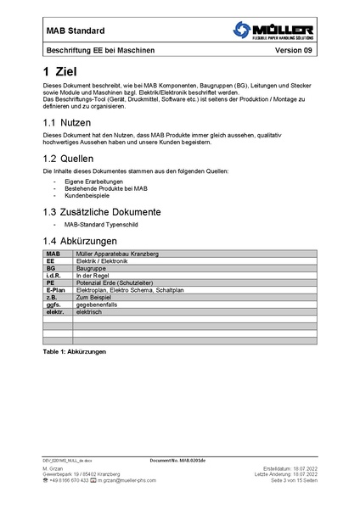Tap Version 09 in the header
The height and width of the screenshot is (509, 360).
tap(294, 51)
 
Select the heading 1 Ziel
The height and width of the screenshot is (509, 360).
tap(64, 72)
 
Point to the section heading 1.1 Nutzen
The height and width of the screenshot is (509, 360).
tap(71, 123)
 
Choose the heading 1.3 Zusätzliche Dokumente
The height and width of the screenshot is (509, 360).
tap(112, 211)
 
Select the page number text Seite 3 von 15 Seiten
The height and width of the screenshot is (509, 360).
tap(293, 480)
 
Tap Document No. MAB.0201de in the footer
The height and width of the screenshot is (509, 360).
tap(178, 459)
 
